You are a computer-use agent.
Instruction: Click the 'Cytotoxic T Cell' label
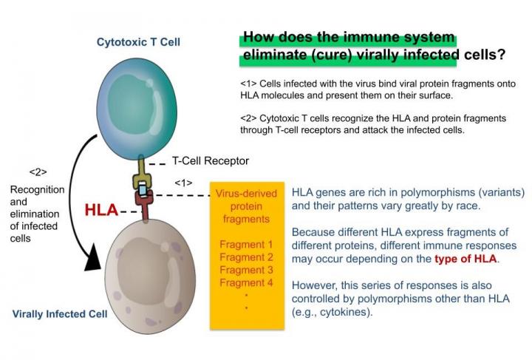tap(138, 42)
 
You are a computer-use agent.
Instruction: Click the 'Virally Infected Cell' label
tap(60, 313)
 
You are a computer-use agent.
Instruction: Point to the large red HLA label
tap(100, 210)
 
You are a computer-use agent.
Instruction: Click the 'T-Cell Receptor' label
tap(211, 161)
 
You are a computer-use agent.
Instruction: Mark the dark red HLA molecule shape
tap(144, 208)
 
